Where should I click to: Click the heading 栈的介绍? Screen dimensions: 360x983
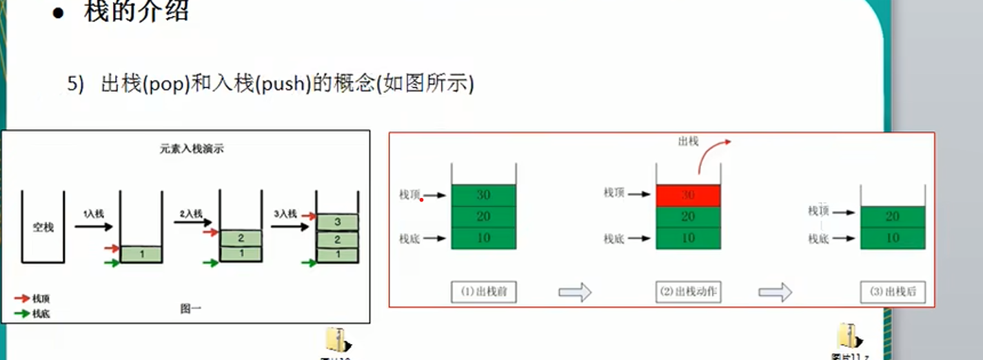pyautogui.click(x=136, y=12)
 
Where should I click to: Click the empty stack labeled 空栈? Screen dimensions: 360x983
pyautogui.click(x=43, y=227)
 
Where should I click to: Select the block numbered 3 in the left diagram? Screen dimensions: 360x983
pyautogui.click(x=337, y=222)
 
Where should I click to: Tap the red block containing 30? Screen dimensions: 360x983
pyautogui.click(x=687, y=196)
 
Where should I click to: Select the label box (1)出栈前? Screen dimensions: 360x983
pyautogui.click(x=484, y=292)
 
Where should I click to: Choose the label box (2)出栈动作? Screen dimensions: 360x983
pyautogui.click(x=687, y=292)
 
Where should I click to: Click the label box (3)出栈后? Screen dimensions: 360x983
pyautogui.click(x=893, y=292)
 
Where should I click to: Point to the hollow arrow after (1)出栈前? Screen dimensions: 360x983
pyautogui.click(x=575, y=292)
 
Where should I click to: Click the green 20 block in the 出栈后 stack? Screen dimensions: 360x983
pyautogui.click(x=893, y=217)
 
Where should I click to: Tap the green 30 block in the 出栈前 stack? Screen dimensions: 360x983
pyautogui.click(x=483, y=195)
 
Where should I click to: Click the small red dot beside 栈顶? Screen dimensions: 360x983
pyautogui.click(x=422, y=199)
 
